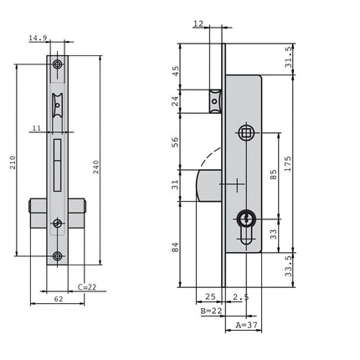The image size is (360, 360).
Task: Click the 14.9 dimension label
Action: (38, 38)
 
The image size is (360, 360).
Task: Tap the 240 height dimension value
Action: (96, 167)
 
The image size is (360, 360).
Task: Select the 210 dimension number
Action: (13, 162)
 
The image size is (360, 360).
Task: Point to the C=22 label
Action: (87, 287)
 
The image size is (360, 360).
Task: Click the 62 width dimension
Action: (59, 299)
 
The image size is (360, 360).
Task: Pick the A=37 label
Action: (247, 325)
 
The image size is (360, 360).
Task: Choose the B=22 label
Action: (211, 311)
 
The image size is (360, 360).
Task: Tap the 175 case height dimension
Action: (288, 164)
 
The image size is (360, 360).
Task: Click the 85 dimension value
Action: (274, 174)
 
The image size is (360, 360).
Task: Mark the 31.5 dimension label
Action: (289, 57)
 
